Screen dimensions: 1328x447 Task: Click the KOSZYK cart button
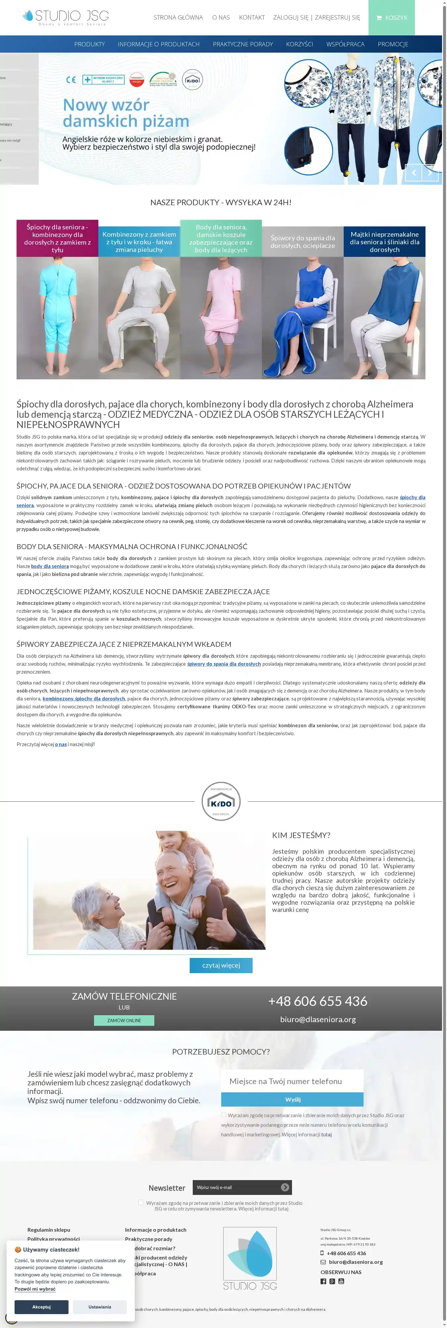(391, 18)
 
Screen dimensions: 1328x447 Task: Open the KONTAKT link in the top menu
(252, 18)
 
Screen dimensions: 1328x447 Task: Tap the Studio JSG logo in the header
(66, 17)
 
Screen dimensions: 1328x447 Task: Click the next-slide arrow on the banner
(430, 173)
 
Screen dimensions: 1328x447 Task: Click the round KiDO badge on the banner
(192, 80)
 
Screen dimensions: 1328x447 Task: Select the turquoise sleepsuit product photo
(57, 317)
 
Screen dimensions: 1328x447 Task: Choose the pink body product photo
(221, 317)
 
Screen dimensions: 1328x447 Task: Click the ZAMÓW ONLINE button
(124, 1020)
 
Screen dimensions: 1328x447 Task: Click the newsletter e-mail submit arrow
(285, 1187)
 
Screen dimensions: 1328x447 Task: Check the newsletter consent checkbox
(141, 1202)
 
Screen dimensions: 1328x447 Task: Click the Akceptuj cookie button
(41, 1307)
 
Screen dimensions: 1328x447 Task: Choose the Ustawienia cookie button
(100, 1307)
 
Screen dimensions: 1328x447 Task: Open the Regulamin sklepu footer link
(48, 1230)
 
